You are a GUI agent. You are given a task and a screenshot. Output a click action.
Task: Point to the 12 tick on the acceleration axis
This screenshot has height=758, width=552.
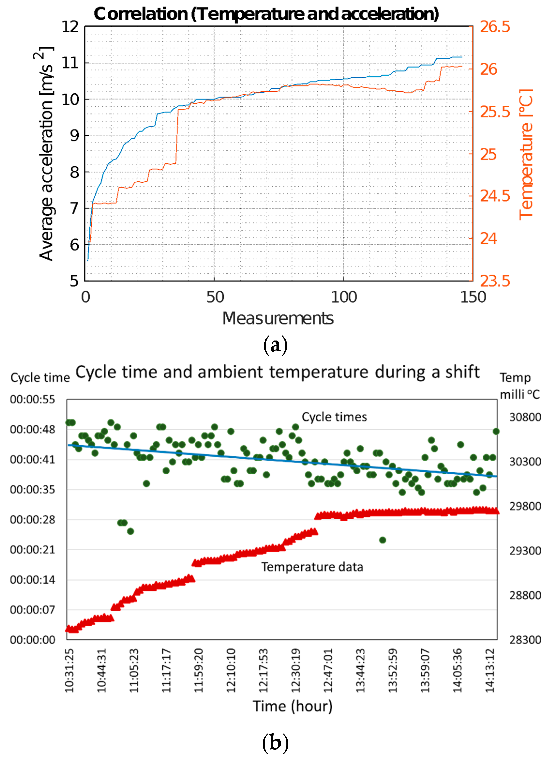70,27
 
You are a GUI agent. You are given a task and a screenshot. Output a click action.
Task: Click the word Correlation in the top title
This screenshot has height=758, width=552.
140,14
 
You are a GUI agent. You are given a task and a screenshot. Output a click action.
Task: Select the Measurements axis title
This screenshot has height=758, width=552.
278,318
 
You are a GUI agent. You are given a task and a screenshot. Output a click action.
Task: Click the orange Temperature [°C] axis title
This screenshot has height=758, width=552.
526,154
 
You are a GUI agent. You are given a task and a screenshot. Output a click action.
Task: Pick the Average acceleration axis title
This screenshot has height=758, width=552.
46,153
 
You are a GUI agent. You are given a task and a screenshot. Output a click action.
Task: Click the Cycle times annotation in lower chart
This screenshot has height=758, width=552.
334,417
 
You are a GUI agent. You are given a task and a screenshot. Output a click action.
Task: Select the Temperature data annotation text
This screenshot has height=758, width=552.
312,567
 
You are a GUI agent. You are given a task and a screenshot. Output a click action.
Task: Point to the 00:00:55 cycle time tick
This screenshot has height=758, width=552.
32,399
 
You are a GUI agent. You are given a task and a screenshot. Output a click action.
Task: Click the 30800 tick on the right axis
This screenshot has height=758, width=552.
525,417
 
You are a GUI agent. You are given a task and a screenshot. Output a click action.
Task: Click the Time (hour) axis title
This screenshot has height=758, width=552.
292,706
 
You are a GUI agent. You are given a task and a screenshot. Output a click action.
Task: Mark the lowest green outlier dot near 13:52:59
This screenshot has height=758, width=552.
383,540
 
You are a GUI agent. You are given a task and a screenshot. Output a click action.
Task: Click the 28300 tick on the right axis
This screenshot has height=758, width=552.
525,640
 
